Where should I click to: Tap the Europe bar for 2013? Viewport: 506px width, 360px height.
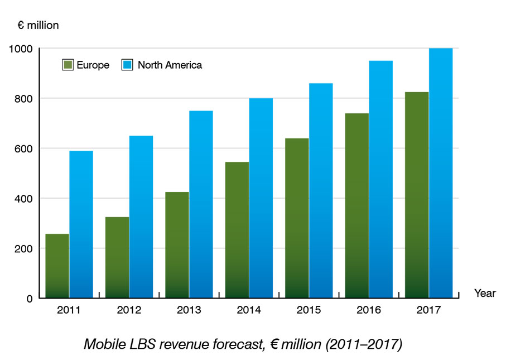(177, 245)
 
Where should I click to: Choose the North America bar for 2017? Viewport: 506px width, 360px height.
(440, 173)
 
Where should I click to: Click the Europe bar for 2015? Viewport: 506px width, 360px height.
(297, 218)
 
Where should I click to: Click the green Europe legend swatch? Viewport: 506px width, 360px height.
(68, 65)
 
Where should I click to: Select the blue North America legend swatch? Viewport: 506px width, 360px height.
(128, 65)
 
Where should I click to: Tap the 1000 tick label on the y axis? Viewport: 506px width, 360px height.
(21, 49)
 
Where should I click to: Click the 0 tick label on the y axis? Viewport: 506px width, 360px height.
(30, 299)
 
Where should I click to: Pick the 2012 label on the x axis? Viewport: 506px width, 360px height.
(128, 310)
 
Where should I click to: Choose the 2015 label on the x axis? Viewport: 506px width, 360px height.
(309, 310)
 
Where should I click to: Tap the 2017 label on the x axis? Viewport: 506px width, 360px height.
(428, 310)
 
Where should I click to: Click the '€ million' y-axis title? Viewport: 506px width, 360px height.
(38, 25)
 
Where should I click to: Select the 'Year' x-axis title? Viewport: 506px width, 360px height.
(485, 294)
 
